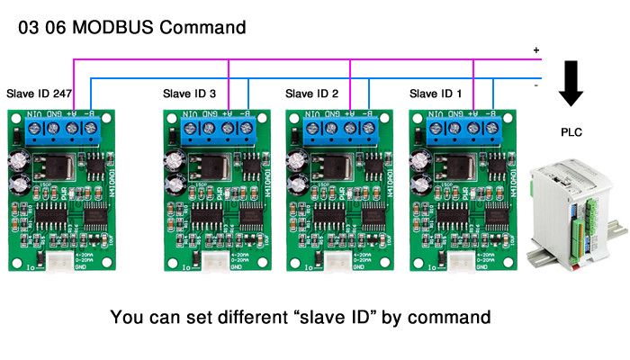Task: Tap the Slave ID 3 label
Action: tap(189, 94)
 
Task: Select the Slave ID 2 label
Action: tap(311, 94)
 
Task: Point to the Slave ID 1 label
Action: tap(436, 94)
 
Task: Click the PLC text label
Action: tap(571, 132)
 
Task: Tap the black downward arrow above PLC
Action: tap(571, 85)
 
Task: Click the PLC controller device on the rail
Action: tap(568, 211)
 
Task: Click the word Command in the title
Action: tap(203, 26)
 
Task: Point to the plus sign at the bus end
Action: tap(536, 50)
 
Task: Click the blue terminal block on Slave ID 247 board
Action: tap(60, 130)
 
